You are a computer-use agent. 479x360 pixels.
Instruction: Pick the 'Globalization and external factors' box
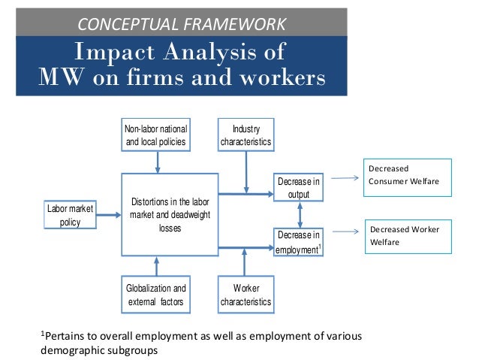pyautogui.click(x=156, y=294)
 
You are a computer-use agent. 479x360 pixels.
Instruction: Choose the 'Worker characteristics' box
pyautogui.click(x=246, y=294)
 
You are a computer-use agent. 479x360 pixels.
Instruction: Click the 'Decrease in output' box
pyautogui.click(x=299, y=188)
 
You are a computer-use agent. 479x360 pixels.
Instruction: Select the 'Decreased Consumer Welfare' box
pyautogui.click(x=407, y=177)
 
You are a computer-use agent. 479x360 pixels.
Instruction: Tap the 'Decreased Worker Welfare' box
pyautogui.click(x=407, y=236)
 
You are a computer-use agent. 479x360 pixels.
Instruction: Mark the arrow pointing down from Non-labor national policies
pyautogui.click(x=156, y=163)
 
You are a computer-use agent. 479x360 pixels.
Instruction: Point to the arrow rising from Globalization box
pyautogui.click(x=156, y=266)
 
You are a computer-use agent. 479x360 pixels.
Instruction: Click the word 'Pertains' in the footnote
pyautogui.click(x=62, y=335)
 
